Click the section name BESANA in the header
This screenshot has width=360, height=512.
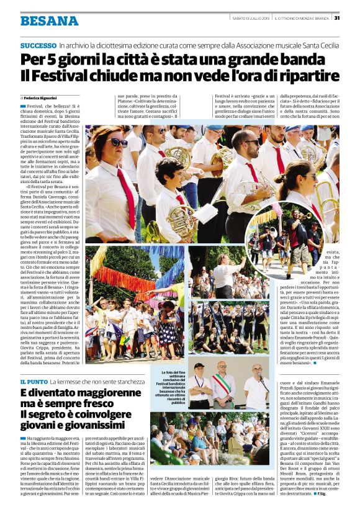pos(49,21)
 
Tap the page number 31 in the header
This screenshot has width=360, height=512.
pos(337,17)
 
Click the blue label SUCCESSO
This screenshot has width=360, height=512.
pos(38,47)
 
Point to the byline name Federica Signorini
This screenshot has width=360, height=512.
pos(42,98)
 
